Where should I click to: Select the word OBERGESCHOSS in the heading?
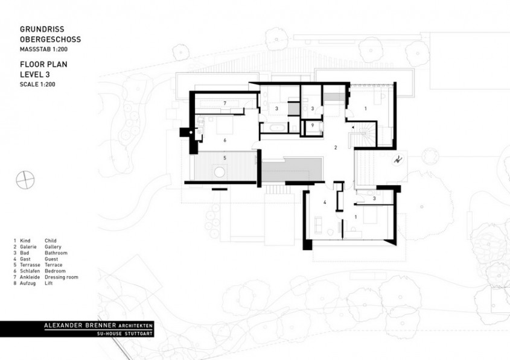pos(50,39)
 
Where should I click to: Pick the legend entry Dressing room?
pos(61,277)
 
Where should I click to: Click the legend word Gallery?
pos(53,247)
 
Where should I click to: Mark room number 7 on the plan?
pos(224,104)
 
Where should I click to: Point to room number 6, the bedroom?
pos(225,140)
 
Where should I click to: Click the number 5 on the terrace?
pos(224,158)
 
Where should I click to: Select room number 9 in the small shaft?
pos(313,125)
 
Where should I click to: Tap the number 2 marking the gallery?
pos(337,147)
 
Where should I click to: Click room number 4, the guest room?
pos(324,203)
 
